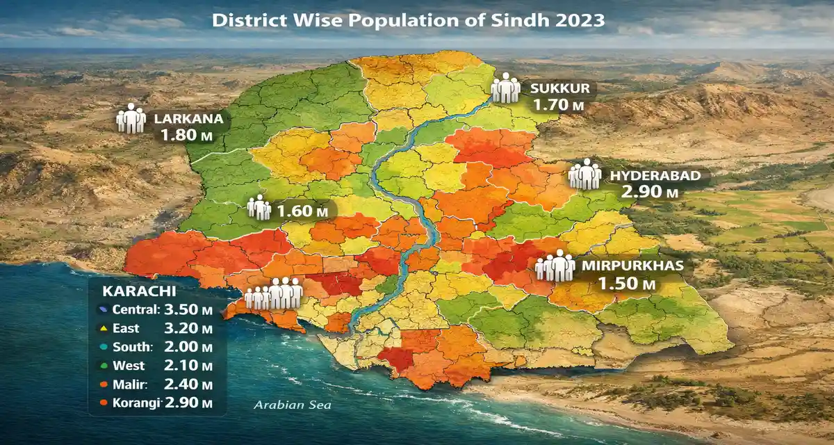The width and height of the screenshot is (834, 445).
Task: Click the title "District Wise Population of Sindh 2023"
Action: tap(408, 20)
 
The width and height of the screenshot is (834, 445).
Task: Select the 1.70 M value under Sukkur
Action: tap(559, 106)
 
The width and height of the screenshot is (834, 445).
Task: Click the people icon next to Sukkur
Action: tap(505, 89)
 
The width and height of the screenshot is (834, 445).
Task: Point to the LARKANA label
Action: tap(189, 118)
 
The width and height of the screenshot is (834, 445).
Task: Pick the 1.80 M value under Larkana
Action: tap(186, 135)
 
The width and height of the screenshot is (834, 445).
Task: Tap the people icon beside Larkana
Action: tap(130, 119)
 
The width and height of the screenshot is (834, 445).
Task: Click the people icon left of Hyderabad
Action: tap(584, 175)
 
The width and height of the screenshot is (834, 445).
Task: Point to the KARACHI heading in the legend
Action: tap(129, 291)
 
